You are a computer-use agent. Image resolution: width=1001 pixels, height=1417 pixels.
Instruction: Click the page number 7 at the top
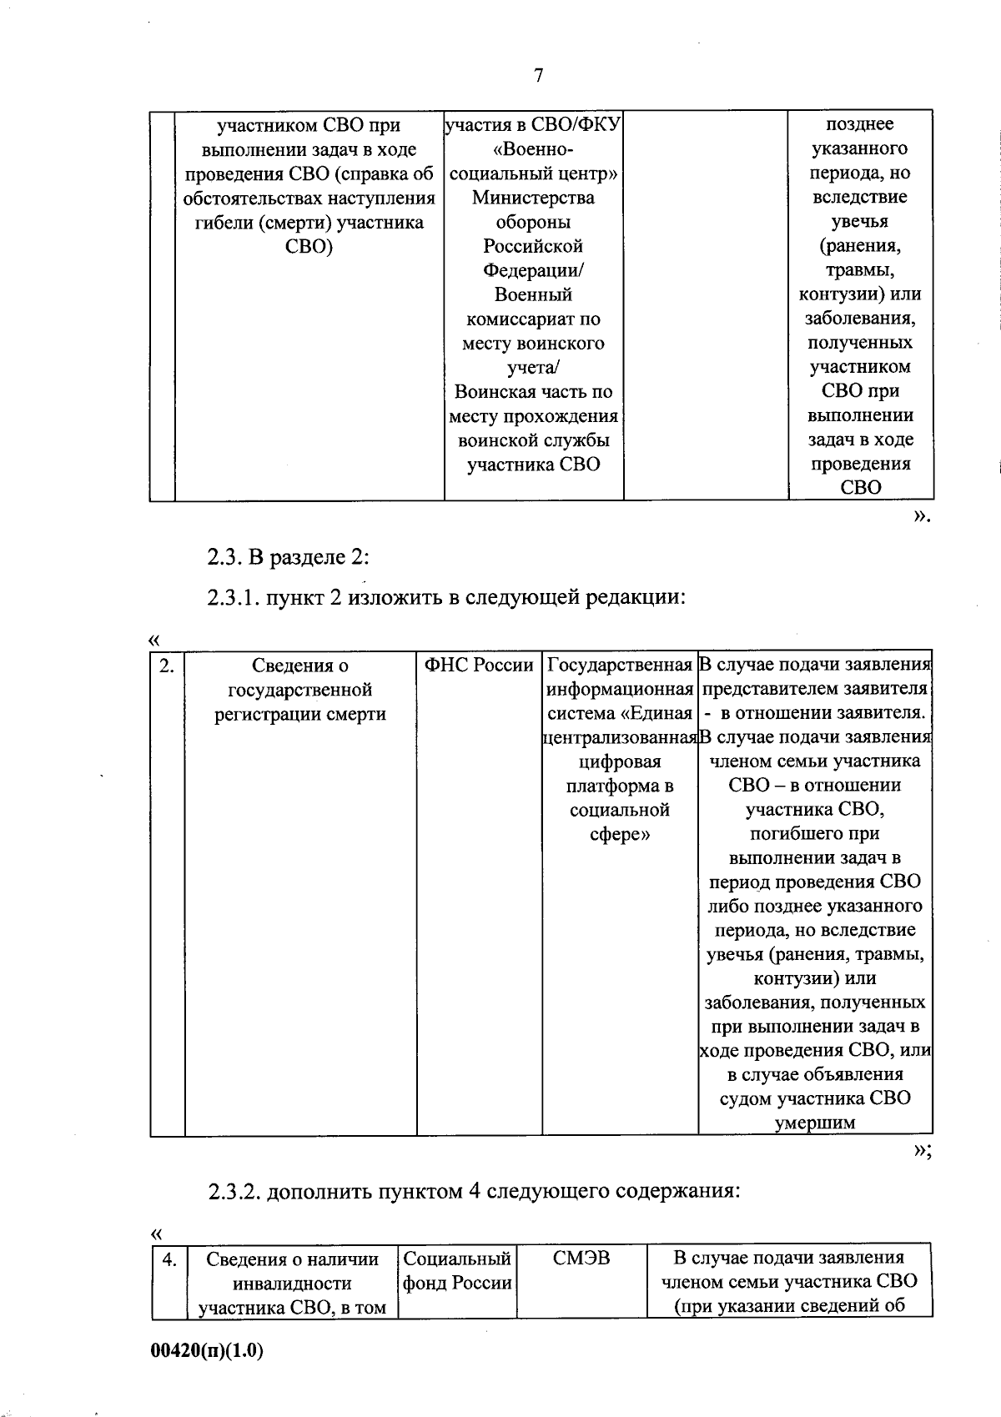[538, 76]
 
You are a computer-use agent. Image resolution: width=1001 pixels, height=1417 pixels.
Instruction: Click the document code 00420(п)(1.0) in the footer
[207, 1350]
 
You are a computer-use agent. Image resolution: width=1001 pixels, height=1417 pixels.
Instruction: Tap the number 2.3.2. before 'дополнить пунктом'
[234, 1191]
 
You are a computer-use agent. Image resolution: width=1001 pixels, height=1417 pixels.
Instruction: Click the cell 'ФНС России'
[479, 666]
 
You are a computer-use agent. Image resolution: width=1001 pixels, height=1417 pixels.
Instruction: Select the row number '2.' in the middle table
[167, 665]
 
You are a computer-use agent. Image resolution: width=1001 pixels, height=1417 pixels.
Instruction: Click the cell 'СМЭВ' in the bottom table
[581, 1258]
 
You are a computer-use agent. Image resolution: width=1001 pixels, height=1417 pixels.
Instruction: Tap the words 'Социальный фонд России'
[457, 1270]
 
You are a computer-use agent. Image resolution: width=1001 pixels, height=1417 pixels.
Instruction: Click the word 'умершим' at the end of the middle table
[815, 1123]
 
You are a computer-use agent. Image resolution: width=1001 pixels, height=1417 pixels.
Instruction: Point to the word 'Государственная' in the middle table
[620, 666]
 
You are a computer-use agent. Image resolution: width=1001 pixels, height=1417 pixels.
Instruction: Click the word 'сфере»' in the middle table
[620, 834]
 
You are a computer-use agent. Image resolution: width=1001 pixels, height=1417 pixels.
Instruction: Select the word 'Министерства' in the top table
[533, 198]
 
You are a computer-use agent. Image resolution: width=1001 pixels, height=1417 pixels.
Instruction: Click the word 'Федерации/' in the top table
[533, 270]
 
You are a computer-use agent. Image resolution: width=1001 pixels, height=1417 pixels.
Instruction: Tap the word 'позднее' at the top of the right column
[859, 124]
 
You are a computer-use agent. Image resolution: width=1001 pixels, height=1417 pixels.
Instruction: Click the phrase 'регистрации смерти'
[300, 714]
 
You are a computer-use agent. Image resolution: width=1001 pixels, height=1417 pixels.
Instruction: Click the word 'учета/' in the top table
[533, 368]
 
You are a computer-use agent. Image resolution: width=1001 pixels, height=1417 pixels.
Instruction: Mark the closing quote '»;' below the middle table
[921, 1151]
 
